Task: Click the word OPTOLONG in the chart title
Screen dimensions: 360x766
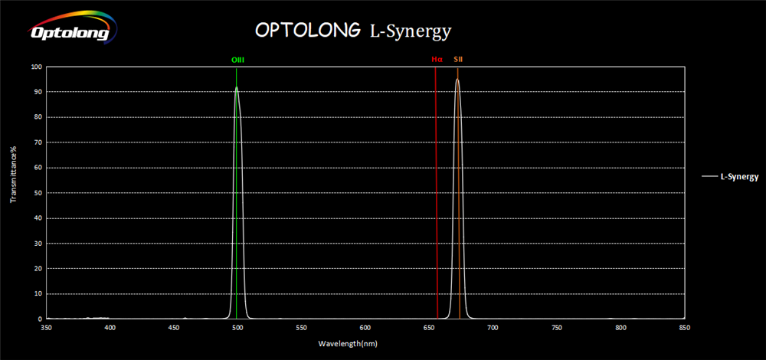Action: (x=307, y=31)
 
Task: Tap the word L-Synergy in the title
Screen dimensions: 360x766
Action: (x=411, y=31)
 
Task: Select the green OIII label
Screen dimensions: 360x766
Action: (x=237, y=59)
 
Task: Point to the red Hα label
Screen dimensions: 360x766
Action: (x=437, y=59)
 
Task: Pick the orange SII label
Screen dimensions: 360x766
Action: (x=458, y=59)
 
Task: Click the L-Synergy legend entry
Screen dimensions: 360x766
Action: (x=738, y=177)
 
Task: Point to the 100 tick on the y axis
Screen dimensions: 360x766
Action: (x=36, y=67)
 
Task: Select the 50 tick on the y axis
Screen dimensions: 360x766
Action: (x=38, y=193)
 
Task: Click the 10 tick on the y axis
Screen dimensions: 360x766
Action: (x=38, y=293)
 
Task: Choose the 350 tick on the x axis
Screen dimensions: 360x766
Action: (x=46, y=328)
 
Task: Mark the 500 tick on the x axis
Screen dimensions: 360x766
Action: (x=237, y=328)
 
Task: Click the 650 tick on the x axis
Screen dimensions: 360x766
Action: (x=429, y=328)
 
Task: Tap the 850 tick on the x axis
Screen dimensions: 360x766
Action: (x=684, y=328)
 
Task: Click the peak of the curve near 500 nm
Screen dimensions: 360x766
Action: (x=236, y=87)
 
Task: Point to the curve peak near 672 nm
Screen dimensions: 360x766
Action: (x=457, y=79)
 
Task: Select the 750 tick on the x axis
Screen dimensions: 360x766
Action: (x=557, y=328)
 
